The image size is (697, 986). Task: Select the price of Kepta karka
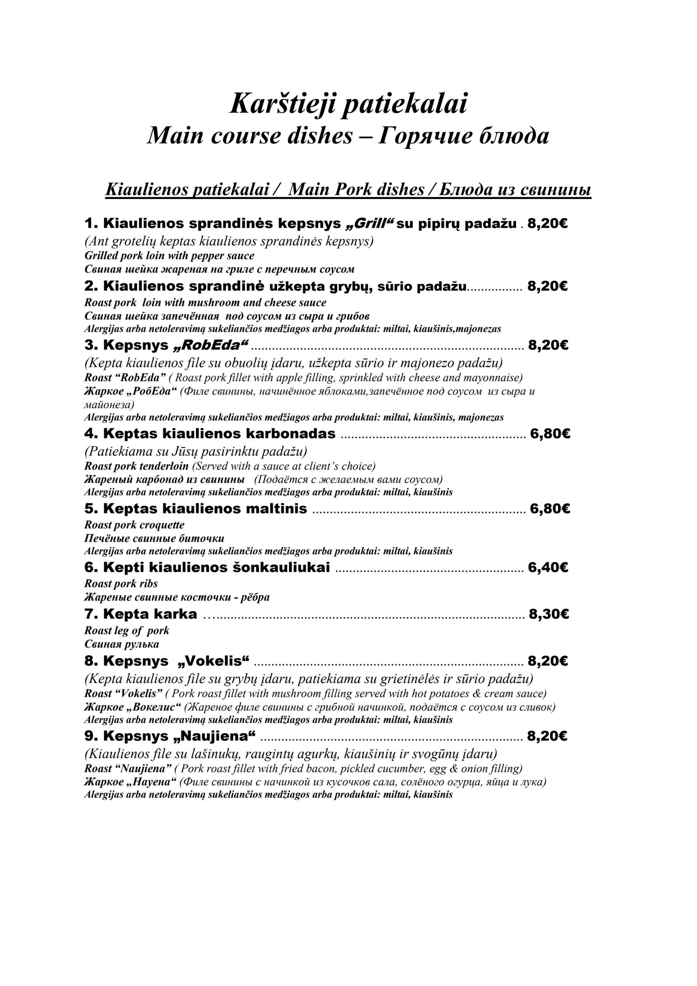548,614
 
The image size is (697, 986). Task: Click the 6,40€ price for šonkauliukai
548,567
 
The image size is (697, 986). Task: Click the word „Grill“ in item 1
370,223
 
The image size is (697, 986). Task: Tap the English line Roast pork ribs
121,583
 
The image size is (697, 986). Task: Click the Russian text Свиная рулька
122,644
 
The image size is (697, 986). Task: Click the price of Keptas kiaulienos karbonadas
550,434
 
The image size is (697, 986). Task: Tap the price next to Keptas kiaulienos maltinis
550,508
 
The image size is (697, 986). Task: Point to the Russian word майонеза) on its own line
109,404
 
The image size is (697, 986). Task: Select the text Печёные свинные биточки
154,538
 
